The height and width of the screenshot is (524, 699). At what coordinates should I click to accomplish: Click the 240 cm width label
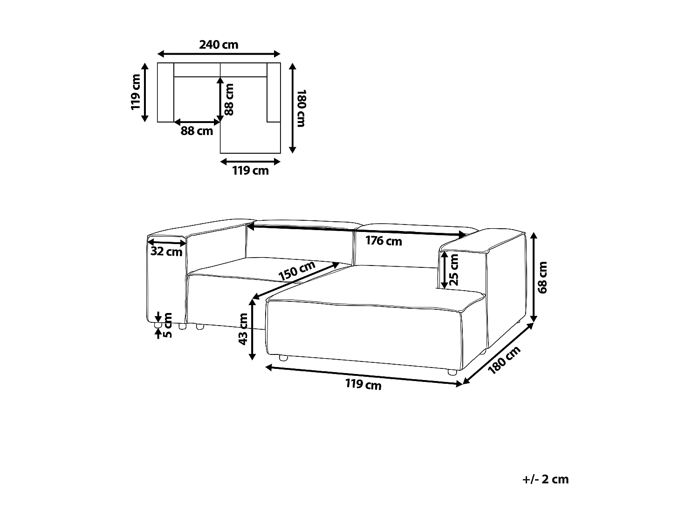(x=219, y=45)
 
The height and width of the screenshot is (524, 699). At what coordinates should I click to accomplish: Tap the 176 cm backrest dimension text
(x=384, y=241)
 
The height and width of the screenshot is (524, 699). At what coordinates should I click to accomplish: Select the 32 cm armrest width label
(x=166, y=252)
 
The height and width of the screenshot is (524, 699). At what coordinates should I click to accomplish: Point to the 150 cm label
(x=297, y=271)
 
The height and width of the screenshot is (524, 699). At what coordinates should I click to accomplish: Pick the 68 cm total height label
(x=542, y=278)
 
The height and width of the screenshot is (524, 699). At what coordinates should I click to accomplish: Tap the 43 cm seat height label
(x=243, y=329)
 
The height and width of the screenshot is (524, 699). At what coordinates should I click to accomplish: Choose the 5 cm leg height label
(x=167, y=325)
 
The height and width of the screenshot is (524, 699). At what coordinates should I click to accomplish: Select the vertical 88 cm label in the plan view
(x=229, y=100)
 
